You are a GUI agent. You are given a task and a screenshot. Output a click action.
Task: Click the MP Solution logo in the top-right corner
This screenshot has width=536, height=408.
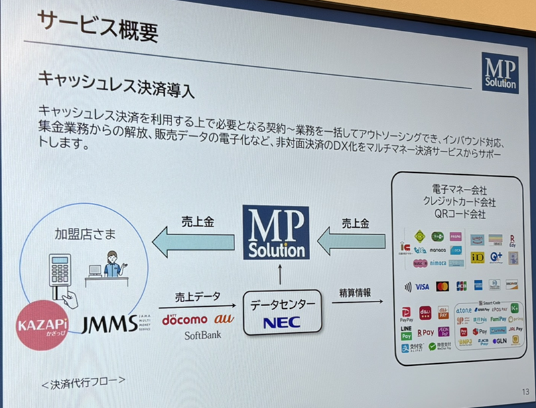pos(500,72)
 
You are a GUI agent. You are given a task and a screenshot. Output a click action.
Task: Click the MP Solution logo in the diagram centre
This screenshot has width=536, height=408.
pos(275,232)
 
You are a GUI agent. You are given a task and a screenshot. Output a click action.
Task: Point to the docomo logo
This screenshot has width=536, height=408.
pos(185,319)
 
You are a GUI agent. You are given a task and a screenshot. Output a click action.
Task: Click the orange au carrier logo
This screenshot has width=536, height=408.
pos(220,319)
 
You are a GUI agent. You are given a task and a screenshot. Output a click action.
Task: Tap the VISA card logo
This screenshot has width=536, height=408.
pos(422,286)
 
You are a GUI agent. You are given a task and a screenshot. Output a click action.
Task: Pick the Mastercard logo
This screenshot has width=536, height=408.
pos(442,286)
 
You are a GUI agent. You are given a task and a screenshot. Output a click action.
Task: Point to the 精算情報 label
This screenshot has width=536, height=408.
pos(354,293)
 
